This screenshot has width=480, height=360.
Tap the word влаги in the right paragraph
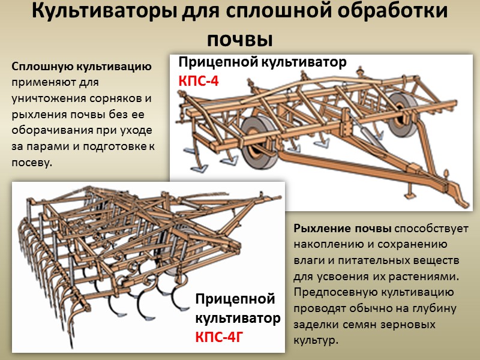coord(308,261)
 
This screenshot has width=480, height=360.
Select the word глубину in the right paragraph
coord(434,308)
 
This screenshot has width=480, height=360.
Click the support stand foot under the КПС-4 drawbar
coord(409,193)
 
